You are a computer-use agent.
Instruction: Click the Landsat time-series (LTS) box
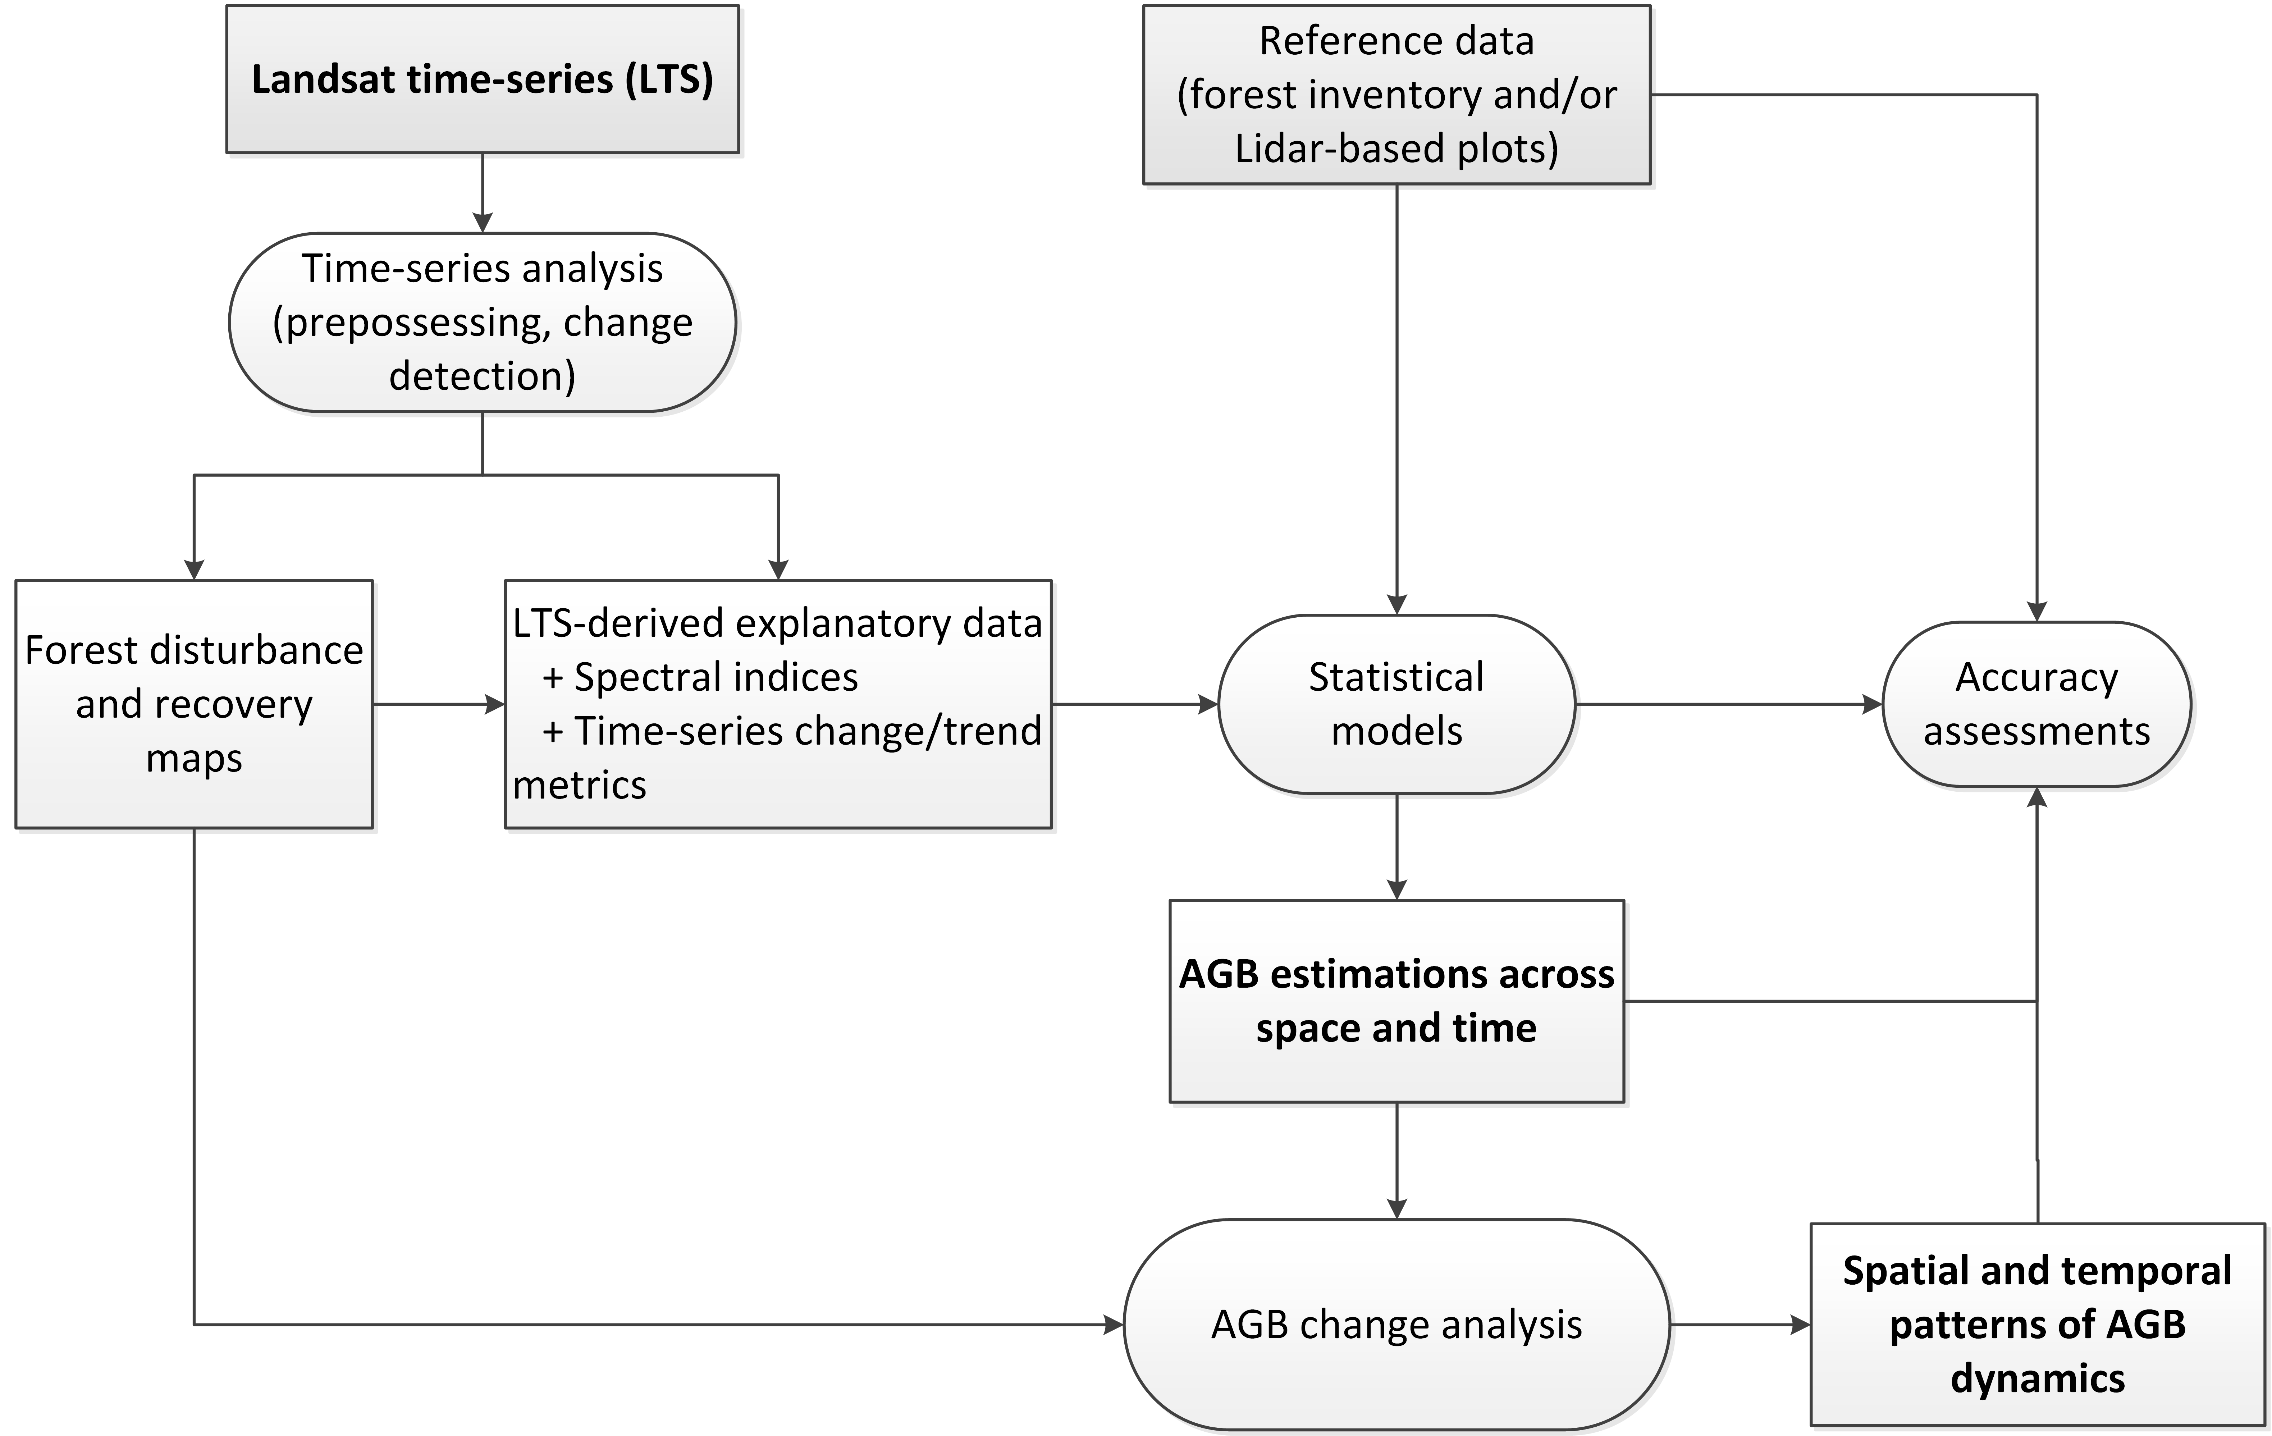coord(482,79)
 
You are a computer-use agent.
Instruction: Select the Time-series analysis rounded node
coord(482,322)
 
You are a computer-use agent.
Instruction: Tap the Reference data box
coord(1396,94)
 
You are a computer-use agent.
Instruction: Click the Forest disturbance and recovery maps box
coord(195,704)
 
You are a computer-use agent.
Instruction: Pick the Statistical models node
coord(1396,704)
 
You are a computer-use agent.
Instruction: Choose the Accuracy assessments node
coord(2036,704)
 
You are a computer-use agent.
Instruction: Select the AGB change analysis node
coord(1396,1325)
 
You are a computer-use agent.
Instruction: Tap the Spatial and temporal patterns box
coord(2037,1325)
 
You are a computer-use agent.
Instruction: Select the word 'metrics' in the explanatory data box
coord(579,785)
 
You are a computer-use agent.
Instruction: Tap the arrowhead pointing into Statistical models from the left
coord(1208,704)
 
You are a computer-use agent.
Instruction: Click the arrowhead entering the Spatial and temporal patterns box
coord(1799,1325)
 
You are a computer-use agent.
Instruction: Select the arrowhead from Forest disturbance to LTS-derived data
coord(494,704)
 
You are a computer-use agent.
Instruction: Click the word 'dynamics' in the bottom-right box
coord(2037,1378)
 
